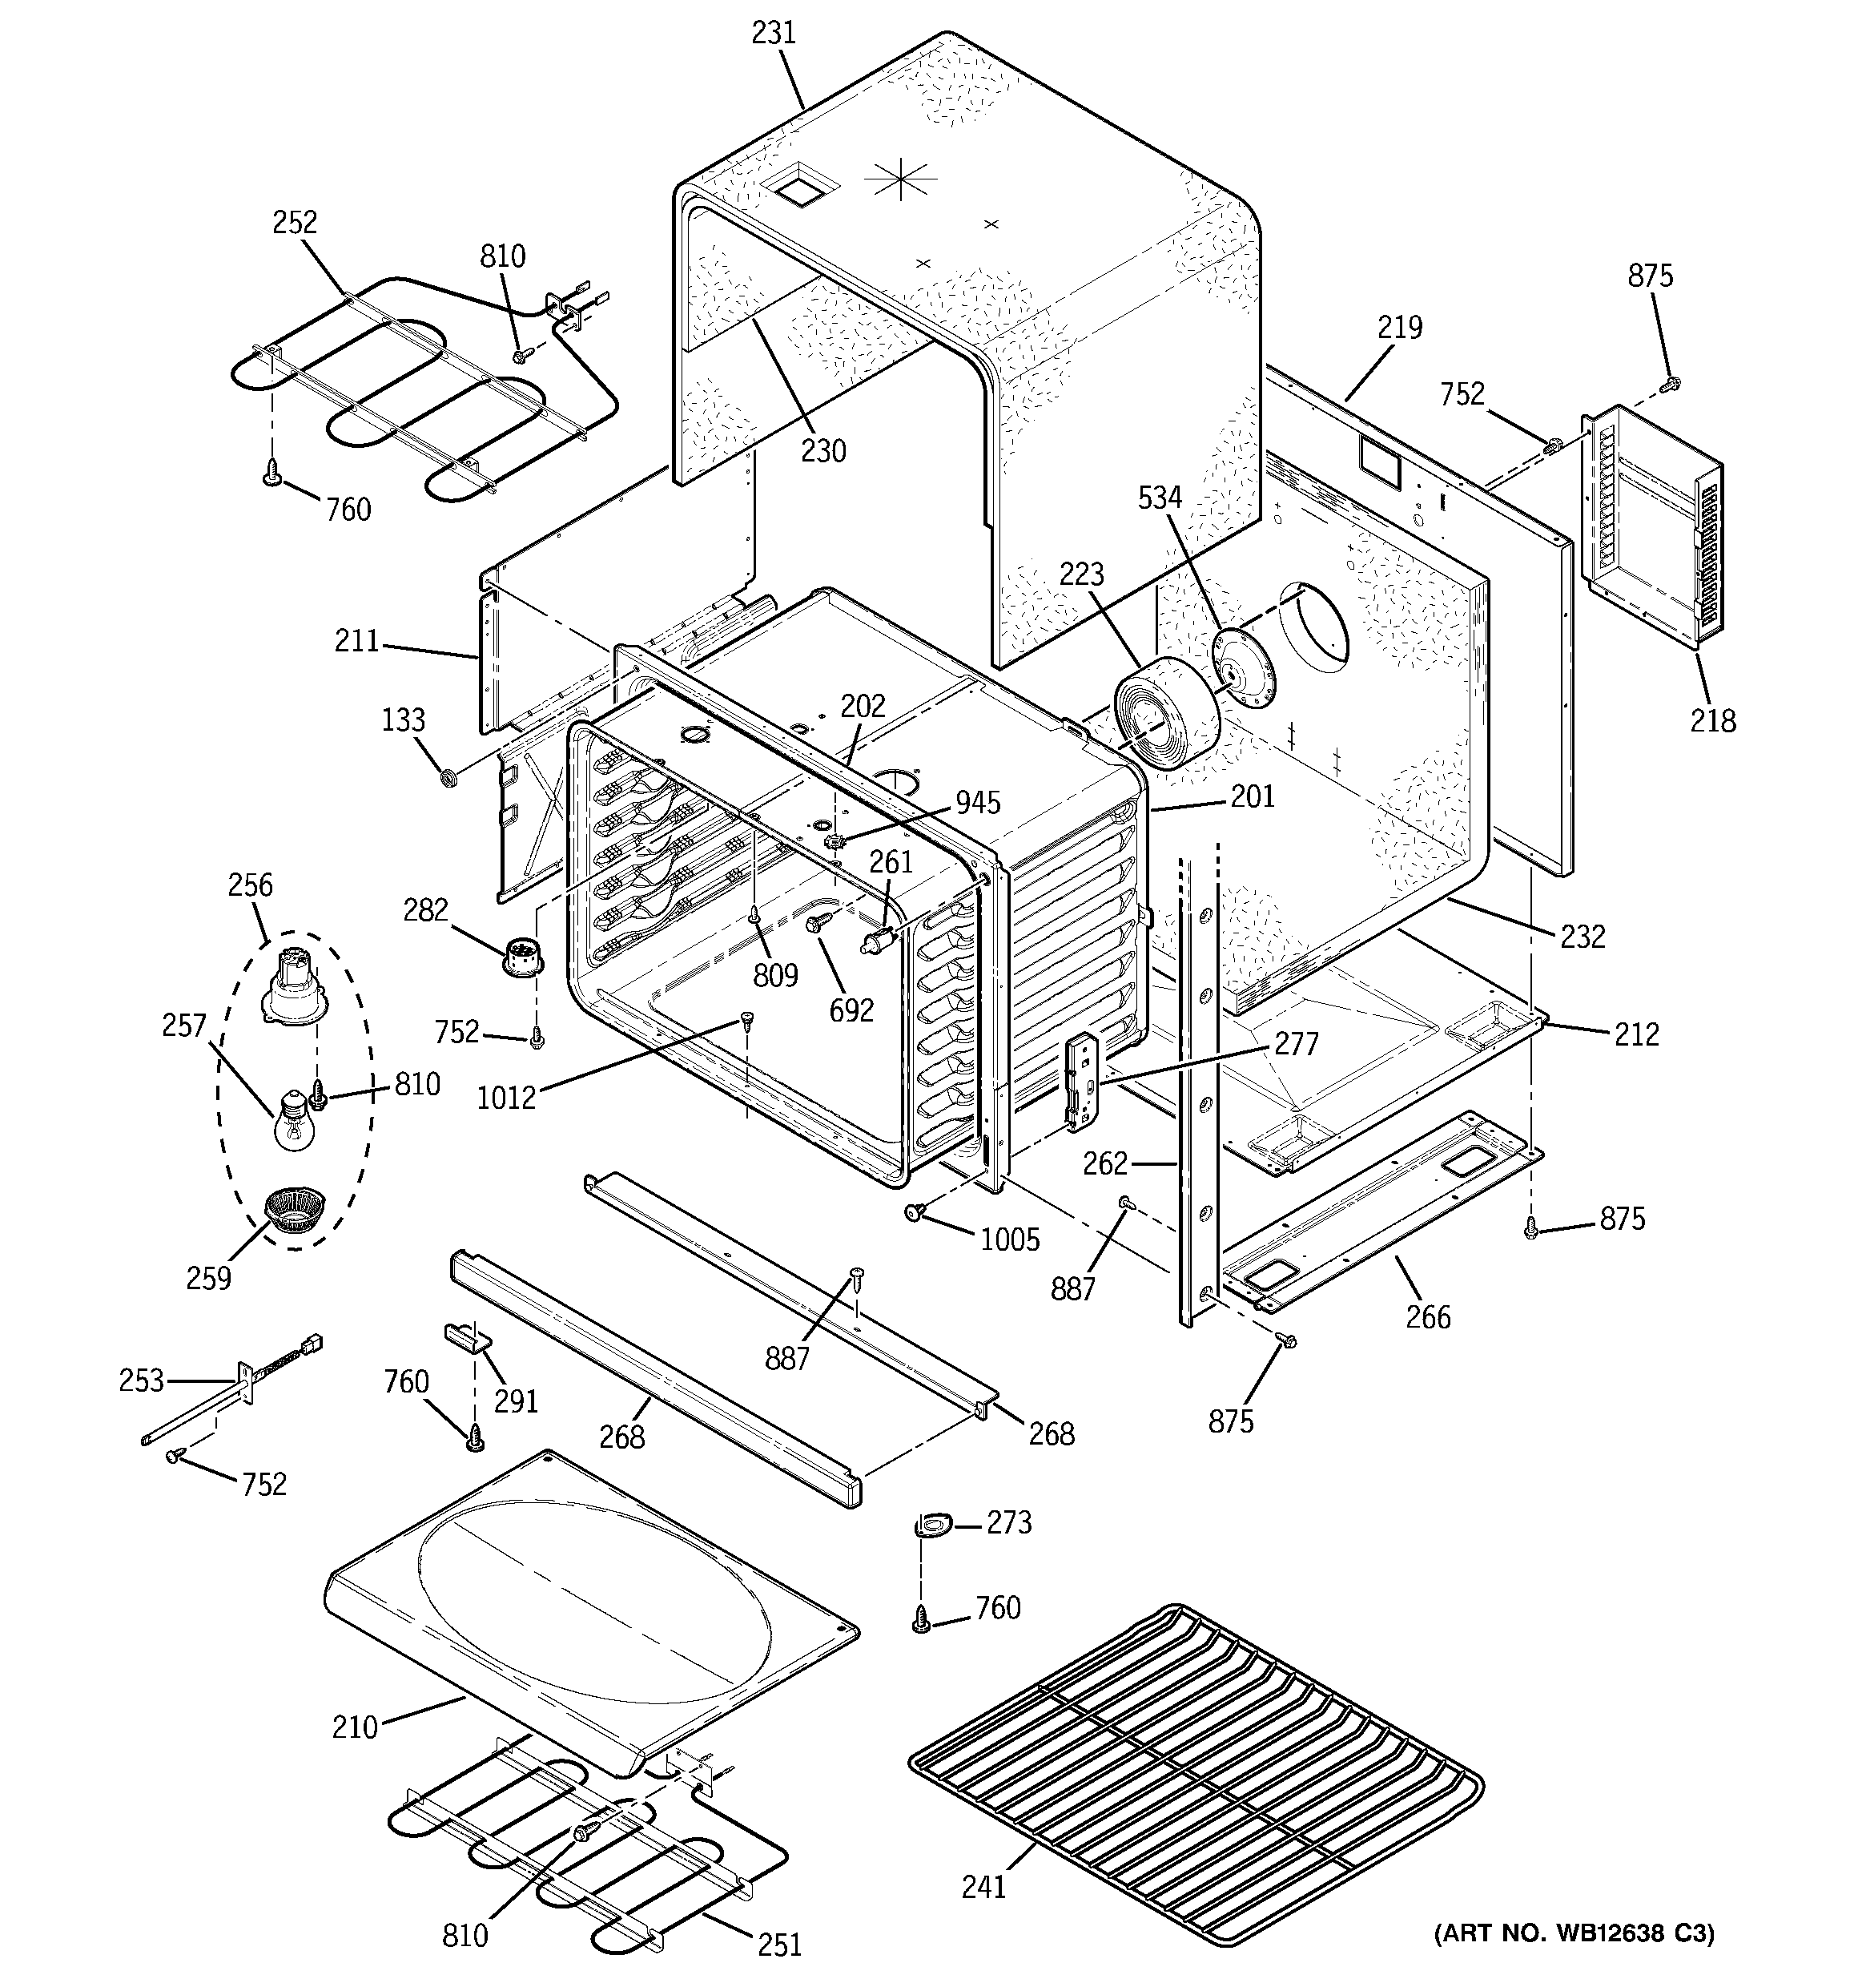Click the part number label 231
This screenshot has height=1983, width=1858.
coord(773,33)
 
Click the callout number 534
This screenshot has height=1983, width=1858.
coord(1160,497)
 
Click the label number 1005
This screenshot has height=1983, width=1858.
coord(1009,1239)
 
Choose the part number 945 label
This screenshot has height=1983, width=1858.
coord(977,802)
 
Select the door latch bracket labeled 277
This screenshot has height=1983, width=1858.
coord(1081,1082)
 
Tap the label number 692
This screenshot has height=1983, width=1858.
coord(851,1010)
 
